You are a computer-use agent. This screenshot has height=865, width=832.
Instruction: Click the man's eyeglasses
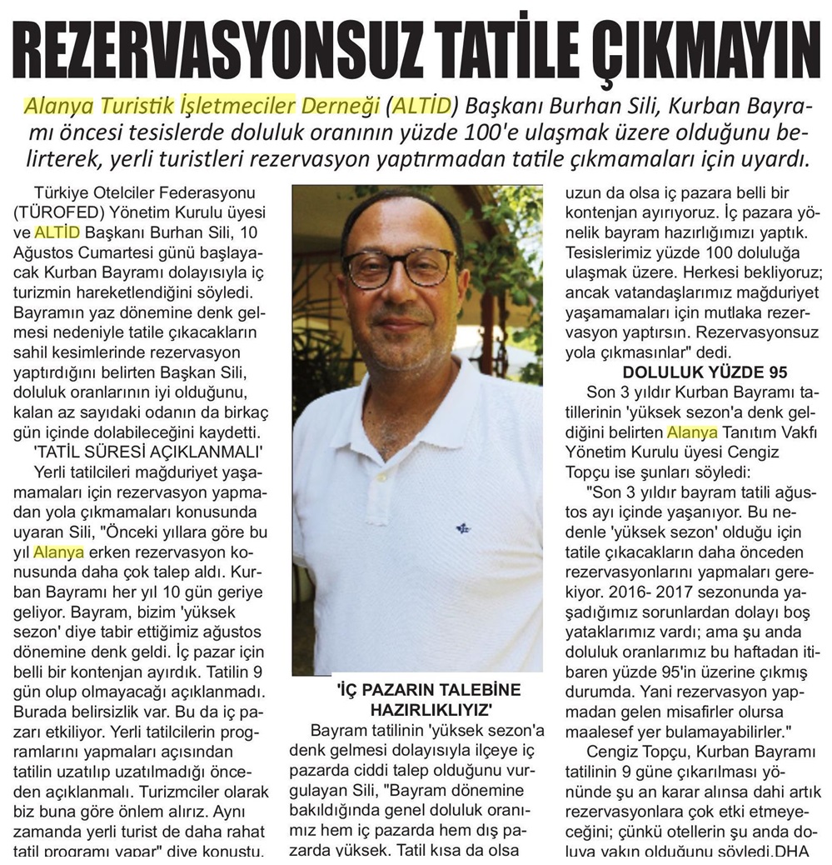pyautogui.click(x=400, y=269)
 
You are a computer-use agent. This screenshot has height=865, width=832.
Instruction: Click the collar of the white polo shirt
pyautogui.click(x=416, y=383)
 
